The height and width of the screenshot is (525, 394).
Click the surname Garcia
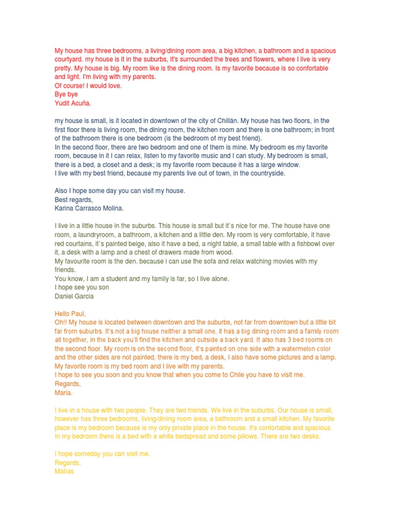tap(83, 296)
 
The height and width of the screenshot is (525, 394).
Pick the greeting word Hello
tap(63, 313)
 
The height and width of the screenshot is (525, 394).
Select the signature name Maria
tap(64, 392)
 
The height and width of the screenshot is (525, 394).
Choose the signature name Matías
tap(64, 471)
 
